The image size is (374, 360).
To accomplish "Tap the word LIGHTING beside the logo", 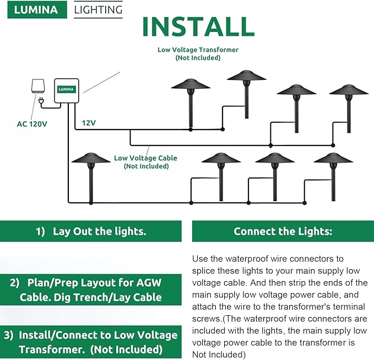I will click(98, 10).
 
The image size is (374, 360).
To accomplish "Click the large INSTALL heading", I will click(198, 27).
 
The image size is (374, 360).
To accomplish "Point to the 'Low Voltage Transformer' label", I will click(197, 50).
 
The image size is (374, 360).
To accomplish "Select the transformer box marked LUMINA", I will click(67, 92).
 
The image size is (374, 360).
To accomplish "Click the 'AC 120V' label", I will click(32, 124).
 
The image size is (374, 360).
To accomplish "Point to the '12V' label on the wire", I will click(89, 123).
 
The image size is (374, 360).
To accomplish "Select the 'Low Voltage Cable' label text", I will click(145, 158).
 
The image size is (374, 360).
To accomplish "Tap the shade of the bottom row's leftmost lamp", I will click(91, 159).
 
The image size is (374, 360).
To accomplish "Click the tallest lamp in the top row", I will click(246, 77).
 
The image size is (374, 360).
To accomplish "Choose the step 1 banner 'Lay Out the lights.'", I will click(91, 232).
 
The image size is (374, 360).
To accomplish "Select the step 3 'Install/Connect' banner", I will click(91, 342).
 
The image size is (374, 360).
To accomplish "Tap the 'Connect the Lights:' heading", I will click(283, 232).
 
